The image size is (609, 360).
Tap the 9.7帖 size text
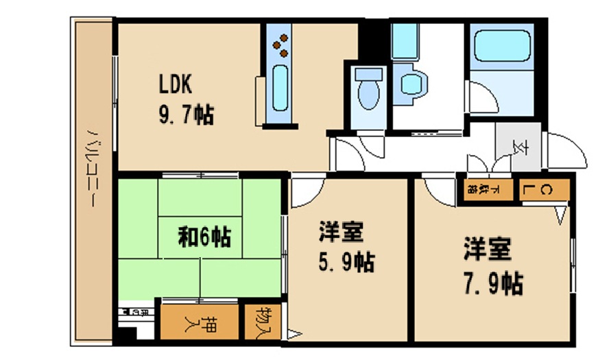(186, 114)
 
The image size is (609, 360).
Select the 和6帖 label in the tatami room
(204, 237)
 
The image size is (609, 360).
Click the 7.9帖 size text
(492, 281)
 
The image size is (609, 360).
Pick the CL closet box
(545, 190)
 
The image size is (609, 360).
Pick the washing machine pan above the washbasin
(405, 41)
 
